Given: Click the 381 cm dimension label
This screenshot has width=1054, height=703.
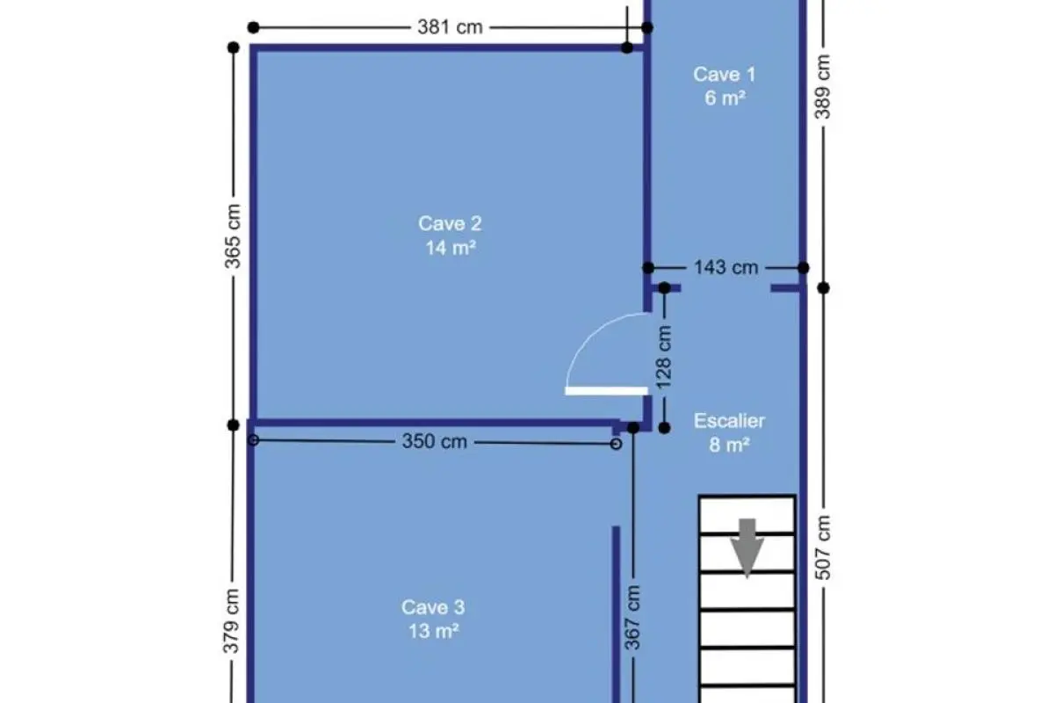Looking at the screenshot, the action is tap(450, 27).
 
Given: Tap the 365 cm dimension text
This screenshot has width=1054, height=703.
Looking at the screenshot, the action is tap(233, 236).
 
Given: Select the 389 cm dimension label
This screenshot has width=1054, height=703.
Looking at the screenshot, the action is tap(822, 87).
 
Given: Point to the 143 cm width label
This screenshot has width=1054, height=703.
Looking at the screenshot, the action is tap(726, 267).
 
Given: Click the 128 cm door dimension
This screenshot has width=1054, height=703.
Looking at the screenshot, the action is tap(663, 358).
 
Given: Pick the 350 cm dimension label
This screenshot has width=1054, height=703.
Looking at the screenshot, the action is tap(434, 442).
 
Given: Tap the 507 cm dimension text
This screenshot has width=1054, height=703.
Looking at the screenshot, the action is tap(822, 547).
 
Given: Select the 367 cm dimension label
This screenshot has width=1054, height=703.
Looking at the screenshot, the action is tap(633, 617).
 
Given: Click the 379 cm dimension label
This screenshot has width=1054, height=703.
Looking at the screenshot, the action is tap(231, 621).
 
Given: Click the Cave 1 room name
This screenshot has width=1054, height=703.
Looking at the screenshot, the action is tap(725, 75).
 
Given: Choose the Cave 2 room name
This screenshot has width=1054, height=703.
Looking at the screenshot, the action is tap(450, 224).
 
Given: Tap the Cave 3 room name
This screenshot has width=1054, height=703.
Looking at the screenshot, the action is tap(433, 607).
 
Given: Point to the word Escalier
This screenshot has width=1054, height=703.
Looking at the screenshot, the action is tap(729, 421).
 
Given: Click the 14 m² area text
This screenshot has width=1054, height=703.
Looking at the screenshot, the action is tap(451, 248).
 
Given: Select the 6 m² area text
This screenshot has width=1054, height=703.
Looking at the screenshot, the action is tap(726, 98).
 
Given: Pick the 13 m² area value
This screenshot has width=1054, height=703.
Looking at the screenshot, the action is tap(433, 631).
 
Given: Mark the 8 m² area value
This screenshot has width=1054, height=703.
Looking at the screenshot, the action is tap(729, 445).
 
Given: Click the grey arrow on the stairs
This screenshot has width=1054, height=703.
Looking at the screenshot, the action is tap(747, 548).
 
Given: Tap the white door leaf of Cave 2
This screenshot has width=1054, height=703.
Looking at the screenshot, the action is tap(606, 391).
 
